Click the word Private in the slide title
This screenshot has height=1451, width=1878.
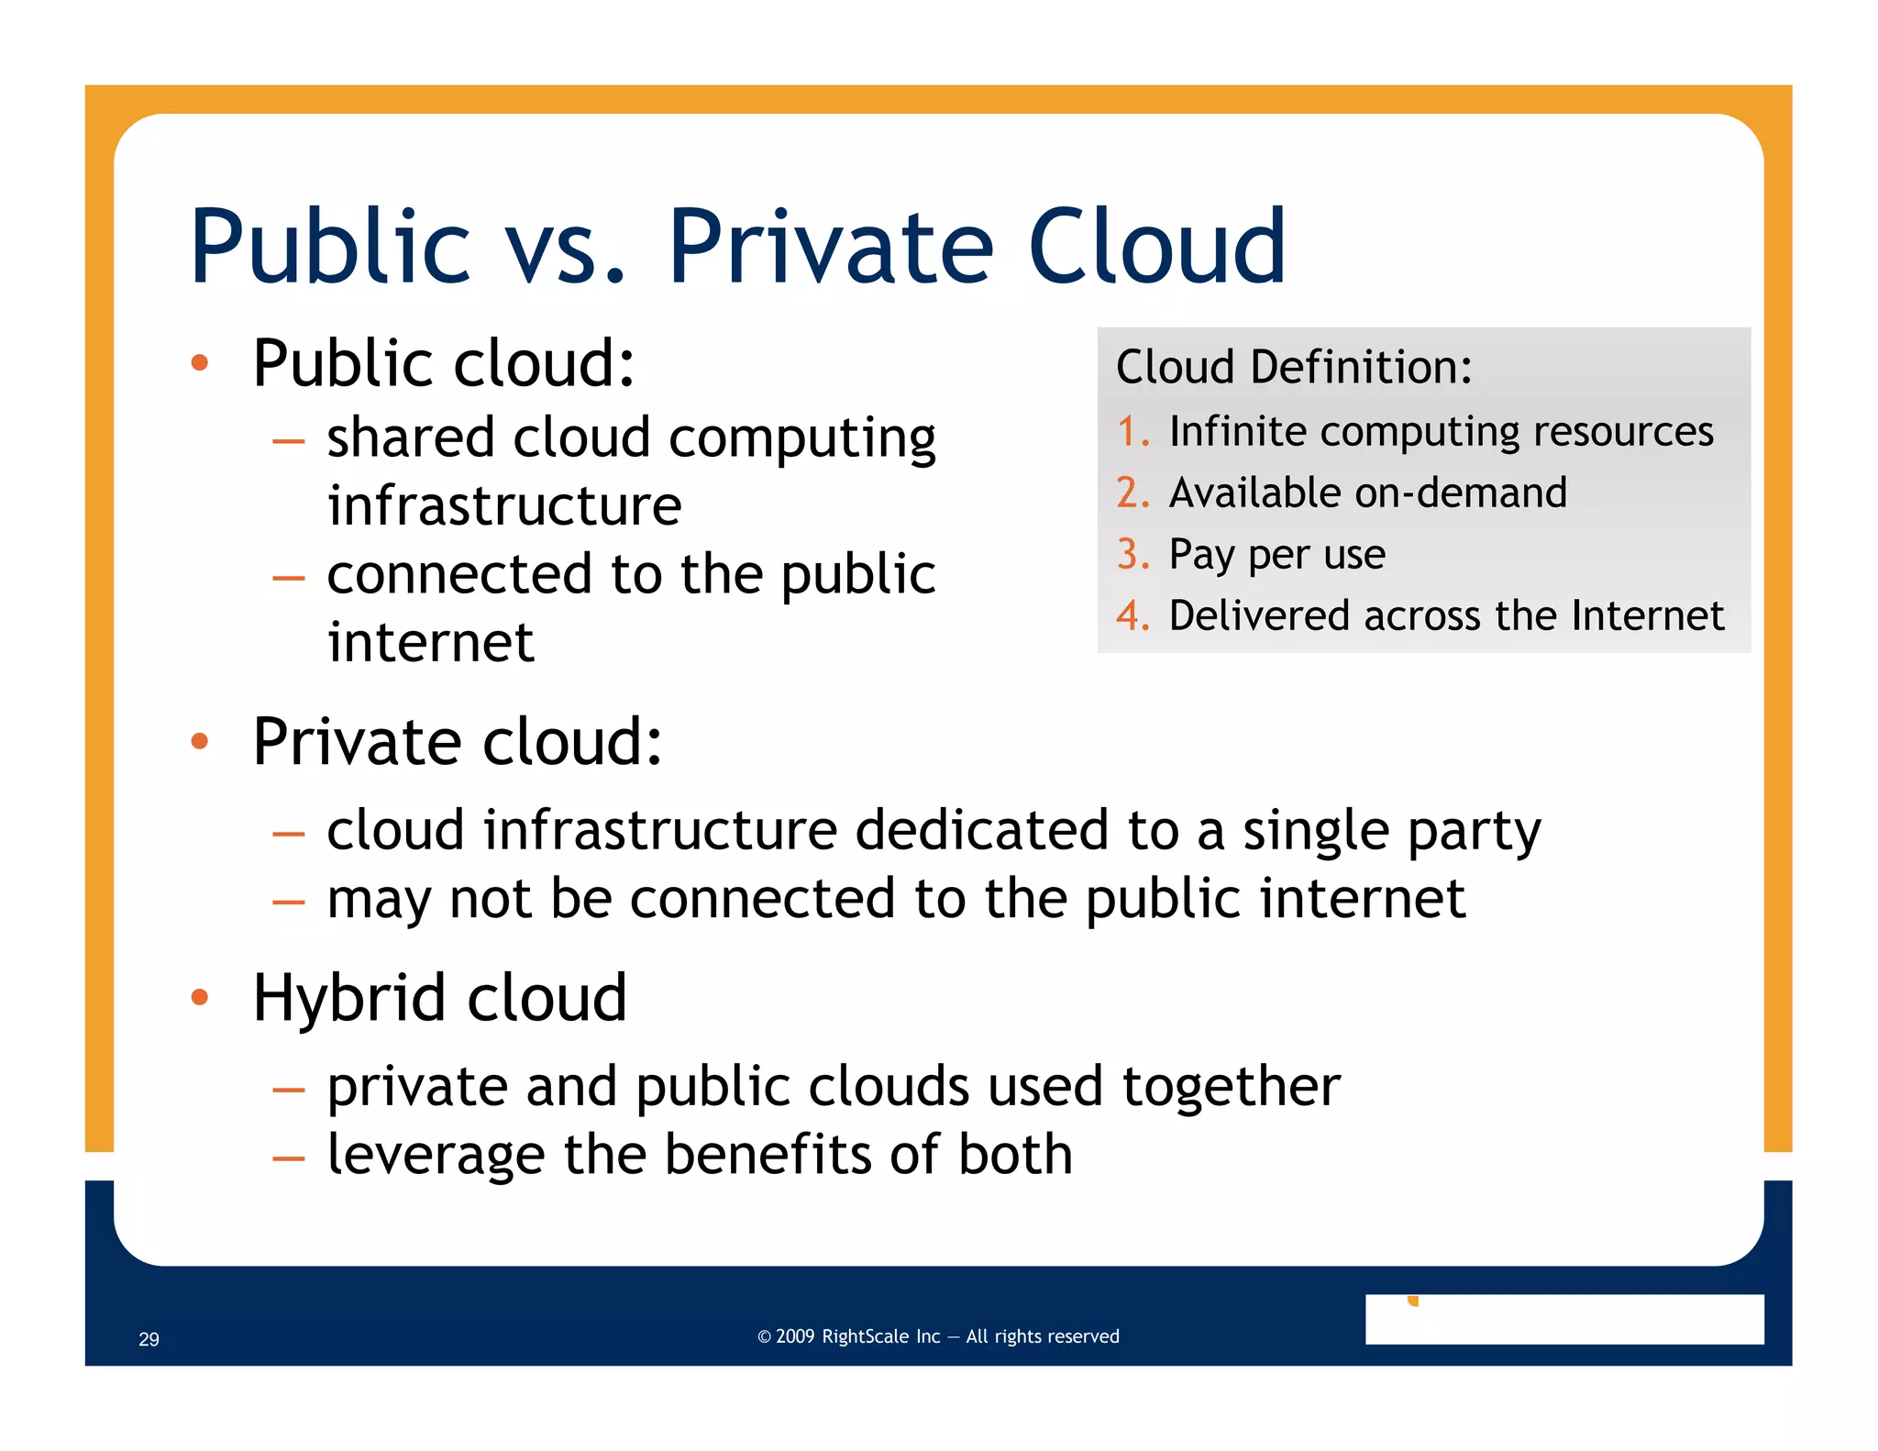[830, 246]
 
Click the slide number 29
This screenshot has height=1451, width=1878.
[149, 1339]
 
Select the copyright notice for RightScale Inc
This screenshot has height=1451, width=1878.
[938, 1336]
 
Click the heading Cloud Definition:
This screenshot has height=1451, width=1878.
[1293, 367]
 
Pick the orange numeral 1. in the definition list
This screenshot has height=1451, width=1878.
[1133, 431]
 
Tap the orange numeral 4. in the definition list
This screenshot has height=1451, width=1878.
[1133, 615]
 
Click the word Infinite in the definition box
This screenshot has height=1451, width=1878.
[1237, 431]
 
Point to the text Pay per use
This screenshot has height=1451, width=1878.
[1276, 555]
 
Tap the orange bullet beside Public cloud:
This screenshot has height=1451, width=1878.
[200, 363]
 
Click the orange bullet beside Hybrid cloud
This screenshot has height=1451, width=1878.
[200, 997]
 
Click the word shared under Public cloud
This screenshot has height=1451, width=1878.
[411, 438]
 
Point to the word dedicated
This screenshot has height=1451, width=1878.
[982, 830]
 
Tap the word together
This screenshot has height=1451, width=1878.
[1231, 1086]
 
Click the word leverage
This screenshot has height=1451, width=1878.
[436, 1155]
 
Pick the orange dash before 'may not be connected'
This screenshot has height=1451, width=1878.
[288, 902]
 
